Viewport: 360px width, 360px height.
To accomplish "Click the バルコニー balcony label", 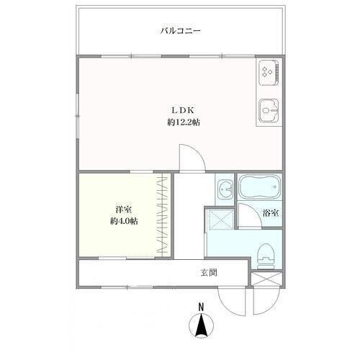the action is [x=181, y=31].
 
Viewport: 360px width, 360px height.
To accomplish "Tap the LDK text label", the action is [x=183, y=110].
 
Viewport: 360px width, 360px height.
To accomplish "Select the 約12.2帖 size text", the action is [x=184, y=122].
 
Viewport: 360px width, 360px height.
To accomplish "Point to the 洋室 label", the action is [x=123, y=210].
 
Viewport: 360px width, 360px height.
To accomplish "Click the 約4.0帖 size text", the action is [x=124, y=221].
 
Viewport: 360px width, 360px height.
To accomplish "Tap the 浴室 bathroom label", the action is [x=271, y=213].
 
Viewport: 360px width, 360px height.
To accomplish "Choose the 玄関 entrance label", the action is [x=209, y=273].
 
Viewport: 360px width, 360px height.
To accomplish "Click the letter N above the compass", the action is [x=201, y=307].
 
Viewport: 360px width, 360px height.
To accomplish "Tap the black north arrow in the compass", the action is [x=201, y=326].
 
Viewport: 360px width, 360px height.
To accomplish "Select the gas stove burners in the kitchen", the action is [x=267, y=71].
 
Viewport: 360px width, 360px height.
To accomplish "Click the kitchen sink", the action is [x=269, y=111].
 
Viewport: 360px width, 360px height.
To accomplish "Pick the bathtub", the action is [x=260, y=187].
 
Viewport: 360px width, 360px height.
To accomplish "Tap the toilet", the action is [x=266, y=256].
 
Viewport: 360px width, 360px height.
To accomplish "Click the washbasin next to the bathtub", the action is [x=225, y=189].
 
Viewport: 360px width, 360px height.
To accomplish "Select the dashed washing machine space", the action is [x=220, y=219].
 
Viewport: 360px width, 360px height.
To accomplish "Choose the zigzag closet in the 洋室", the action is [x=162, y=215].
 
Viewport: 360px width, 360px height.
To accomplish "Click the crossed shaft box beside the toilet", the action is [x=266, y=279].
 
